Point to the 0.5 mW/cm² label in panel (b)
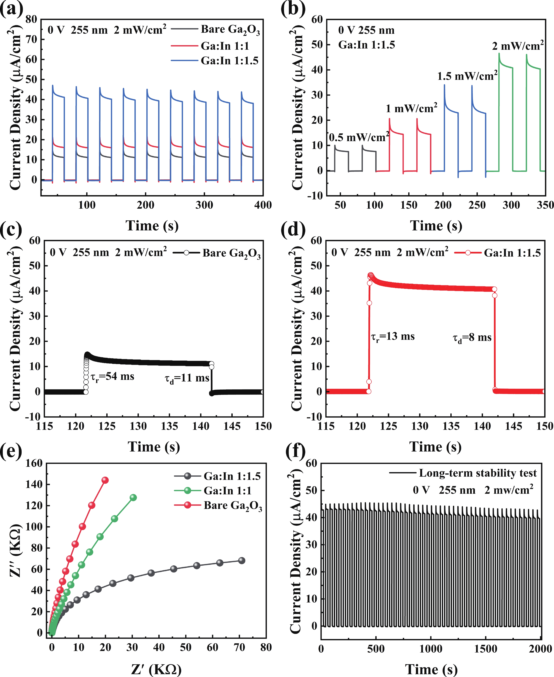(x=359, y=137)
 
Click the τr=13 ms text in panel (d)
(x=393, y=337)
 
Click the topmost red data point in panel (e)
(x=105, y=480)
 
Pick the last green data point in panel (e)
(x=133, y=498)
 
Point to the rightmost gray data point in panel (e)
(x=242, y=561)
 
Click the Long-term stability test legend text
(x=478, y=473)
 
